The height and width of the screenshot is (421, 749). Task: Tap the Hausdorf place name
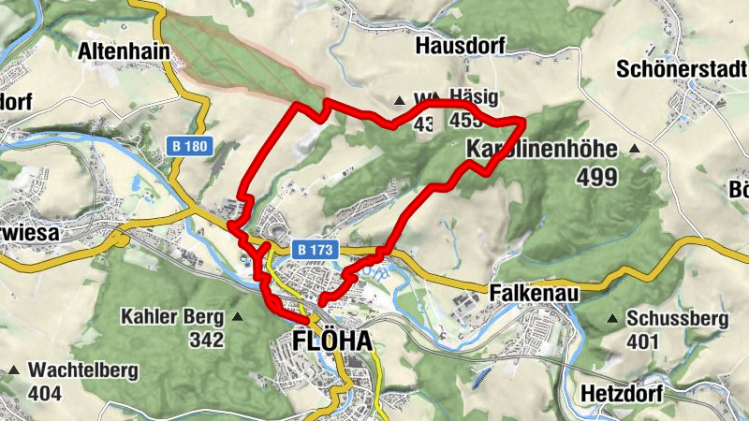tap(460, 46)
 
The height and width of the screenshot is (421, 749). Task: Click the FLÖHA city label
tap(331, 341)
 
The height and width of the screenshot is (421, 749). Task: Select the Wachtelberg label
tap(82, 370)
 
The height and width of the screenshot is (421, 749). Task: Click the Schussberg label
tap(669, 317)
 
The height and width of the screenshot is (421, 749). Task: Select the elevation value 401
tap(643, 341)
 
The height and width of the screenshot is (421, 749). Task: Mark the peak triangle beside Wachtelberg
tap(14, 371)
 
